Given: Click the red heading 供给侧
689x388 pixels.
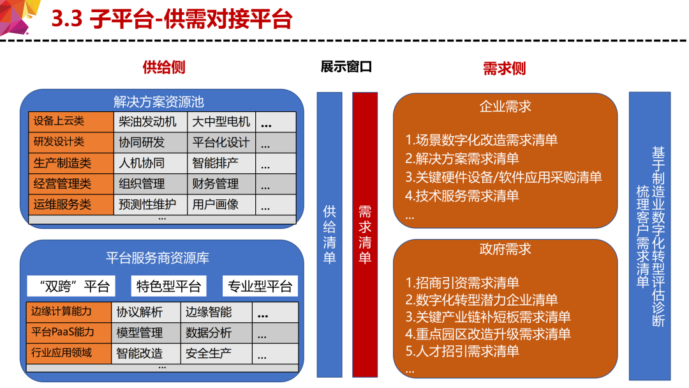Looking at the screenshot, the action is point(164,67).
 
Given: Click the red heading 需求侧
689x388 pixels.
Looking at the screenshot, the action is point(504,68).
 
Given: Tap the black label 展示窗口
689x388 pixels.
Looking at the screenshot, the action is point(346,66).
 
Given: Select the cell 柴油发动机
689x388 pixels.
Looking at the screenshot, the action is point(151,121).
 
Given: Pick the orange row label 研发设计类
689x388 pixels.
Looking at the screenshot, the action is point(71,143).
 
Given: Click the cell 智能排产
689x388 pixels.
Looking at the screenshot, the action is point(221,163).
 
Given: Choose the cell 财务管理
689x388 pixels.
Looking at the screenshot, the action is point(221,183).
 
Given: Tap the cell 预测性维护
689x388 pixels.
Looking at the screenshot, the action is point(151,205).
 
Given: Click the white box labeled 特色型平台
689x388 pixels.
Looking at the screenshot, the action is point(168,286).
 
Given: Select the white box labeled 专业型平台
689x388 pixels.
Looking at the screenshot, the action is point(260,286).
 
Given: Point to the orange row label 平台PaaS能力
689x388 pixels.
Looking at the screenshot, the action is point(68,332).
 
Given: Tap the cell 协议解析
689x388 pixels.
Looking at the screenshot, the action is point(146,312).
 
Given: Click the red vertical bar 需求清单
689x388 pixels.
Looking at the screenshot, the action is point(365,235).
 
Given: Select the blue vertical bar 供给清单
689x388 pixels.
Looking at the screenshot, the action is point(330,235).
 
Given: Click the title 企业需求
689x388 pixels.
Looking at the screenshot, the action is point(505,106).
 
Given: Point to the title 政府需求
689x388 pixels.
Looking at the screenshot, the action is point(505,249).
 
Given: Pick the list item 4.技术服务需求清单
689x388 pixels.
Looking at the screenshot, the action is point(462,196).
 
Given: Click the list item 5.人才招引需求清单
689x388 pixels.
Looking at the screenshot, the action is point(462,351).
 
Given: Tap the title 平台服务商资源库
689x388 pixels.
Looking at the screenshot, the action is point(158,258).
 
